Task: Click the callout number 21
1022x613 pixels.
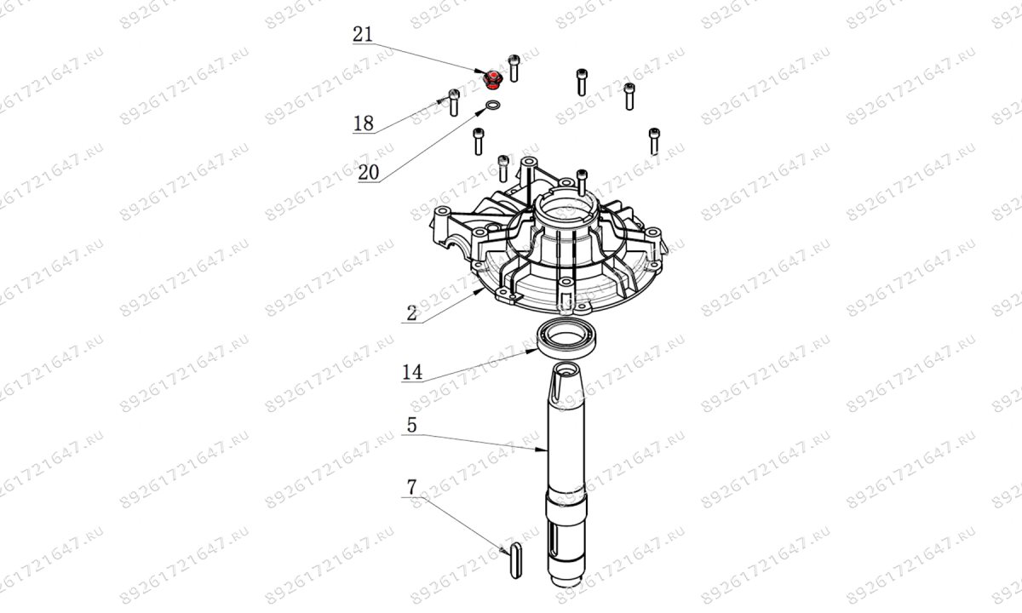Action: [364, 36]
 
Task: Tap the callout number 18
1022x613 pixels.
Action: [364, 123]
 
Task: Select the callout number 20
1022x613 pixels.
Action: [368, 172]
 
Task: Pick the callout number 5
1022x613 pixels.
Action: [411, 426]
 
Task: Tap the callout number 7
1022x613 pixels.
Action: [411, 488]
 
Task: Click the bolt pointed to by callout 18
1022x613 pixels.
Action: [453, 102]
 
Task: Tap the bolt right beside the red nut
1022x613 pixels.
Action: [514, 66]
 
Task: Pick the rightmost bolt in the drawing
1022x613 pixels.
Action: [654, 140]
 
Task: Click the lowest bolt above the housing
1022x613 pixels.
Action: [582, 180]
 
